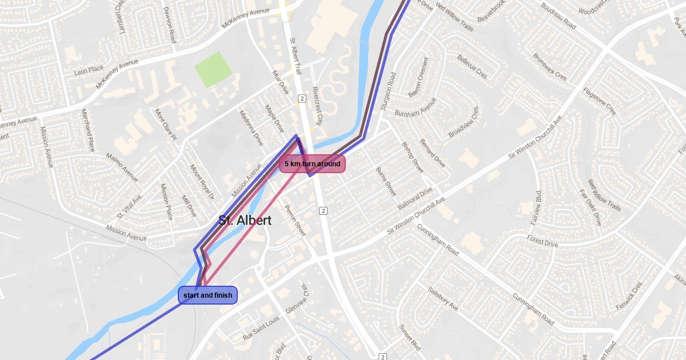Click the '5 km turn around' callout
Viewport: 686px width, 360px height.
pyautogui.click(x=312, y=164)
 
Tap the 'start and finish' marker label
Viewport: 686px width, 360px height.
pyautogui.click(x=208, y=295)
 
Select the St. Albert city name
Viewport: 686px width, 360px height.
pyautogui.click(x=245, y=221)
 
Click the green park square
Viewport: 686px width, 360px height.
pyautogui.click(x=213, y=69)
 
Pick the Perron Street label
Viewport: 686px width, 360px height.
pyautogui.click(x=295, y=221)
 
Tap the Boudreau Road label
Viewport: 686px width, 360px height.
pyautogui.click(x=558, y=15)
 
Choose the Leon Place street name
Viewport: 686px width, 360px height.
pyautogui.click(x=89, y=71)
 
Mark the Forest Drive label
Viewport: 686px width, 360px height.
pyautogui.click(x=543, y=241)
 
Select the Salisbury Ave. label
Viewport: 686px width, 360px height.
pyautogui.click(x=444, y=299)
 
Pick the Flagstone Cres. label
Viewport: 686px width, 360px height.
pyautogui.click(x=600, y=101)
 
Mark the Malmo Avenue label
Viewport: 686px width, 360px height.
pyautogui.click(x=122, y=167)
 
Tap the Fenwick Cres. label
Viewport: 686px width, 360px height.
pyautogui.click(x=630, y=295)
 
